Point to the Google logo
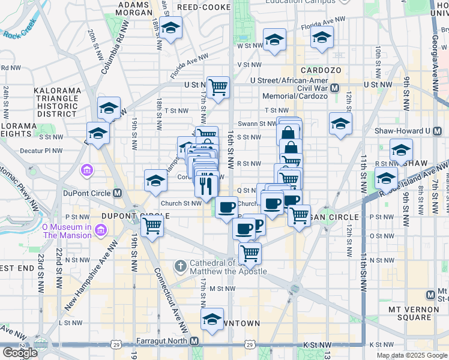(19, 353)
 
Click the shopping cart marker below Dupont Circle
(152, 226)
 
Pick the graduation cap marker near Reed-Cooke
(171, 28)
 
